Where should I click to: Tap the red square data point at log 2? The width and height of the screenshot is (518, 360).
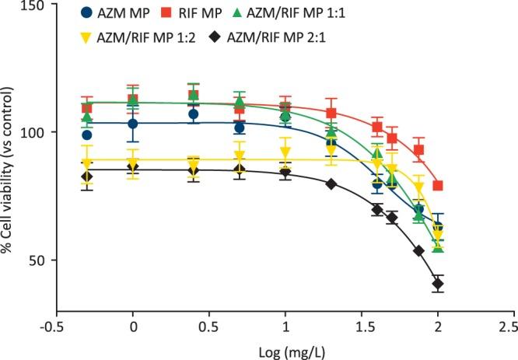click(x=438, y=186)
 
